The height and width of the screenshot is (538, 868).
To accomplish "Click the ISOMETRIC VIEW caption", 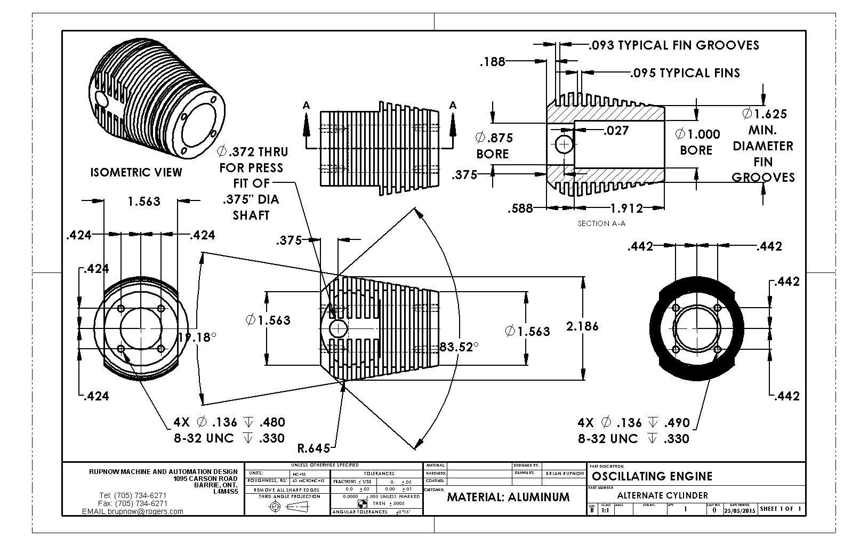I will [x=136, y=172].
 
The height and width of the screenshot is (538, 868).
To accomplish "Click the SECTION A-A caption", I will [x=601, y=223].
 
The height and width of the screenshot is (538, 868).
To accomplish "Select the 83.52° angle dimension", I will [x=459, y=347].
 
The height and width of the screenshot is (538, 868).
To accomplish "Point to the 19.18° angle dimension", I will [x=197, y=337].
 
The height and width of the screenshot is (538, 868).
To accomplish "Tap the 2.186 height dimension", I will [x=582, y=326].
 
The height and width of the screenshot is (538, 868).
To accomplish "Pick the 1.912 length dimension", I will [x=626, y=208].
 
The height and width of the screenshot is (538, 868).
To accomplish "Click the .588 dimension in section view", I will [x=520, y=208].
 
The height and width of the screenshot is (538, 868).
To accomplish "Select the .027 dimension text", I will [x=616, y=131].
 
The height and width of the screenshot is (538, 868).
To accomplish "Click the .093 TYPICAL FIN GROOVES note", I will [x=674, y=45].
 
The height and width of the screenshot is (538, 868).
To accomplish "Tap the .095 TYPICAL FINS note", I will [x=685, y=73].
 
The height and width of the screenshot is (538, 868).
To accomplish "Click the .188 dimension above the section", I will [x=492, y=62].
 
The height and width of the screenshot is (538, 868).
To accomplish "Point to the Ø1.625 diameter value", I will [x=764, y=114].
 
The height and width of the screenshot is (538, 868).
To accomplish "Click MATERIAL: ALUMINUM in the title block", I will [x=508, y=497].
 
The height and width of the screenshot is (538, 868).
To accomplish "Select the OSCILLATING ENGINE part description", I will [x=652, y=476].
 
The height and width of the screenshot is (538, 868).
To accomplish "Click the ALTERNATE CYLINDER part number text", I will [x=662, y=495].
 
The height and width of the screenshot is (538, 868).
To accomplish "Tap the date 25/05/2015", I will [x=740, y=510].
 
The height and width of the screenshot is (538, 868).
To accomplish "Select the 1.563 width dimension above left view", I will [x=144, y=201].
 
